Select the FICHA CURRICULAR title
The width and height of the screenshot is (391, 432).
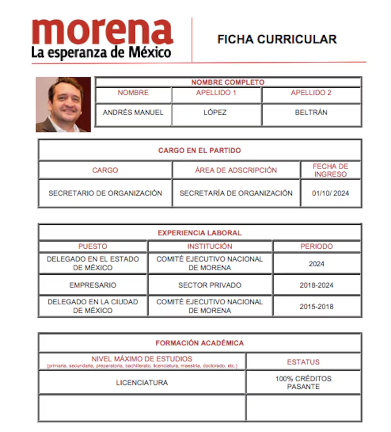(277, 40)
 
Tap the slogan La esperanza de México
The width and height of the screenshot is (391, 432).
(101, 52)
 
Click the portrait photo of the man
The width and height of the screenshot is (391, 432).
(64, 104)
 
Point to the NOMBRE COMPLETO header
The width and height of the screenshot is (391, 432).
(228, 82)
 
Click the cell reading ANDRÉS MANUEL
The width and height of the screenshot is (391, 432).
(133, 112)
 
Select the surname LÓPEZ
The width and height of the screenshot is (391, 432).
(215, 112)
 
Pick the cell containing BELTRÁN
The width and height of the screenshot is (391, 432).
(311, 112)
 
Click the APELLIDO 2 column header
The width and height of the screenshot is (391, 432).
(311, 93)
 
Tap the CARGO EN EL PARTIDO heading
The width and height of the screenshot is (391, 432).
(199, 150)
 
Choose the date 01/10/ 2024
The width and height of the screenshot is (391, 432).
(331, 193)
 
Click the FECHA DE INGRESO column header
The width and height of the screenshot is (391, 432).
(331, 170)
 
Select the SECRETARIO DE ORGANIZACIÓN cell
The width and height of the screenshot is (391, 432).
(105, 193)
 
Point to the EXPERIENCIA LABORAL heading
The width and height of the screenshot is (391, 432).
(199, 233)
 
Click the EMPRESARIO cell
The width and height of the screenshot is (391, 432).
(93, 285)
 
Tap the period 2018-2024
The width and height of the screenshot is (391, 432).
(316, 285)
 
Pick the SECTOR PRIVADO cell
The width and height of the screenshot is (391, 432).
(210, 285)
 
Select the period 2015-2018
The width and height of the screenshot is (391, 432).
(316, 307)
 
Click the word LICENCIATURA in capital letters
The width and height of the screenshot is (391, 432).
(142, 383)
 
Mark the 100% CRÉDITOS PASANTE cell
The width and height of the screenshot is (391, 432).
(303, 383)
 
